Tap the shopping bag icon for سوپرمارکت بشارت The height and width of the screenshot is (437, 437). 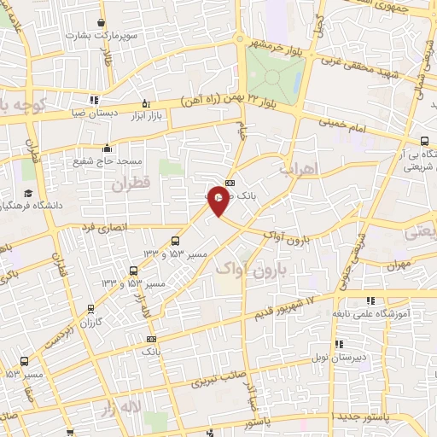coord(102,22)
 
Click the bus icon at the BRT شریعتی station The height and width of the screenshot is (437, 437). coord(424,143)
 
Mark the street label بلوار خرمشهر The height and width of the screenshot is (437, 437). coord(278,44)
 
